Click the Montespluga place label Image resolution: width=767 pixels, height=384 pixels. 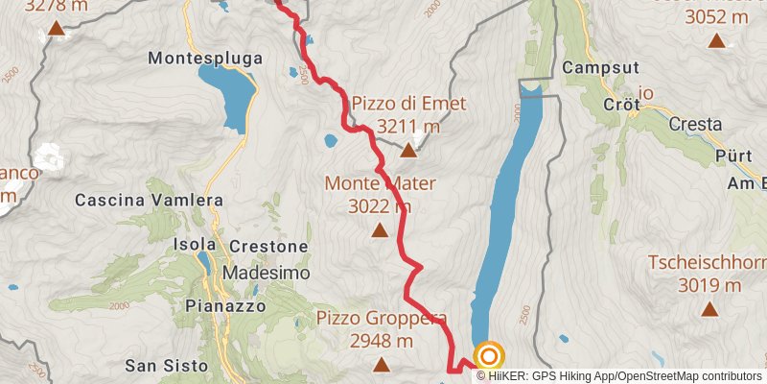tap(205, 59)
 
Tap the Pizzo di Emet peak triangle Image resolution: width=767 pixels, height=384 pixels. tap(408, 150)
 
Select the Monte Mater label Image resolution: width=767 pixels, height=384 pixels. tap(381, 183)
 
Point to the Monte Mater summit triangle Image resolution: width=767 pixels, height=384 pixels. tap(380, 230)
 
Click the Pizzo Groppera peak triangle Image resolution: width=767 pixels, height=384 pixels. tap(382, 365)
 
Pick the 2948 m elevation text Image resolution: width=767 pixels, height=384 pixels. tap(382, 340)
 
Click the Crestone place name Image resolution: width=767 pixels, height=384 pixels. tap(268, 247)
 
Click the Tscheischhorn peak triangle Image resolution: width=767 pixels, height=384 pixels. tap(709, 309)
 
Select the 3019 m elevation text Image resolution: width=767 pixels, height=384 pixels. tap(709, 285)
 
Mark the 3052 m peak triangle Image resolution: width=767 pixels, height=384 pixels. tap(716, 40)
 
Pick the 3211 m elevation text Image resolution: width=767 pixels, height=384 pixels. tap(408, 126)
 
